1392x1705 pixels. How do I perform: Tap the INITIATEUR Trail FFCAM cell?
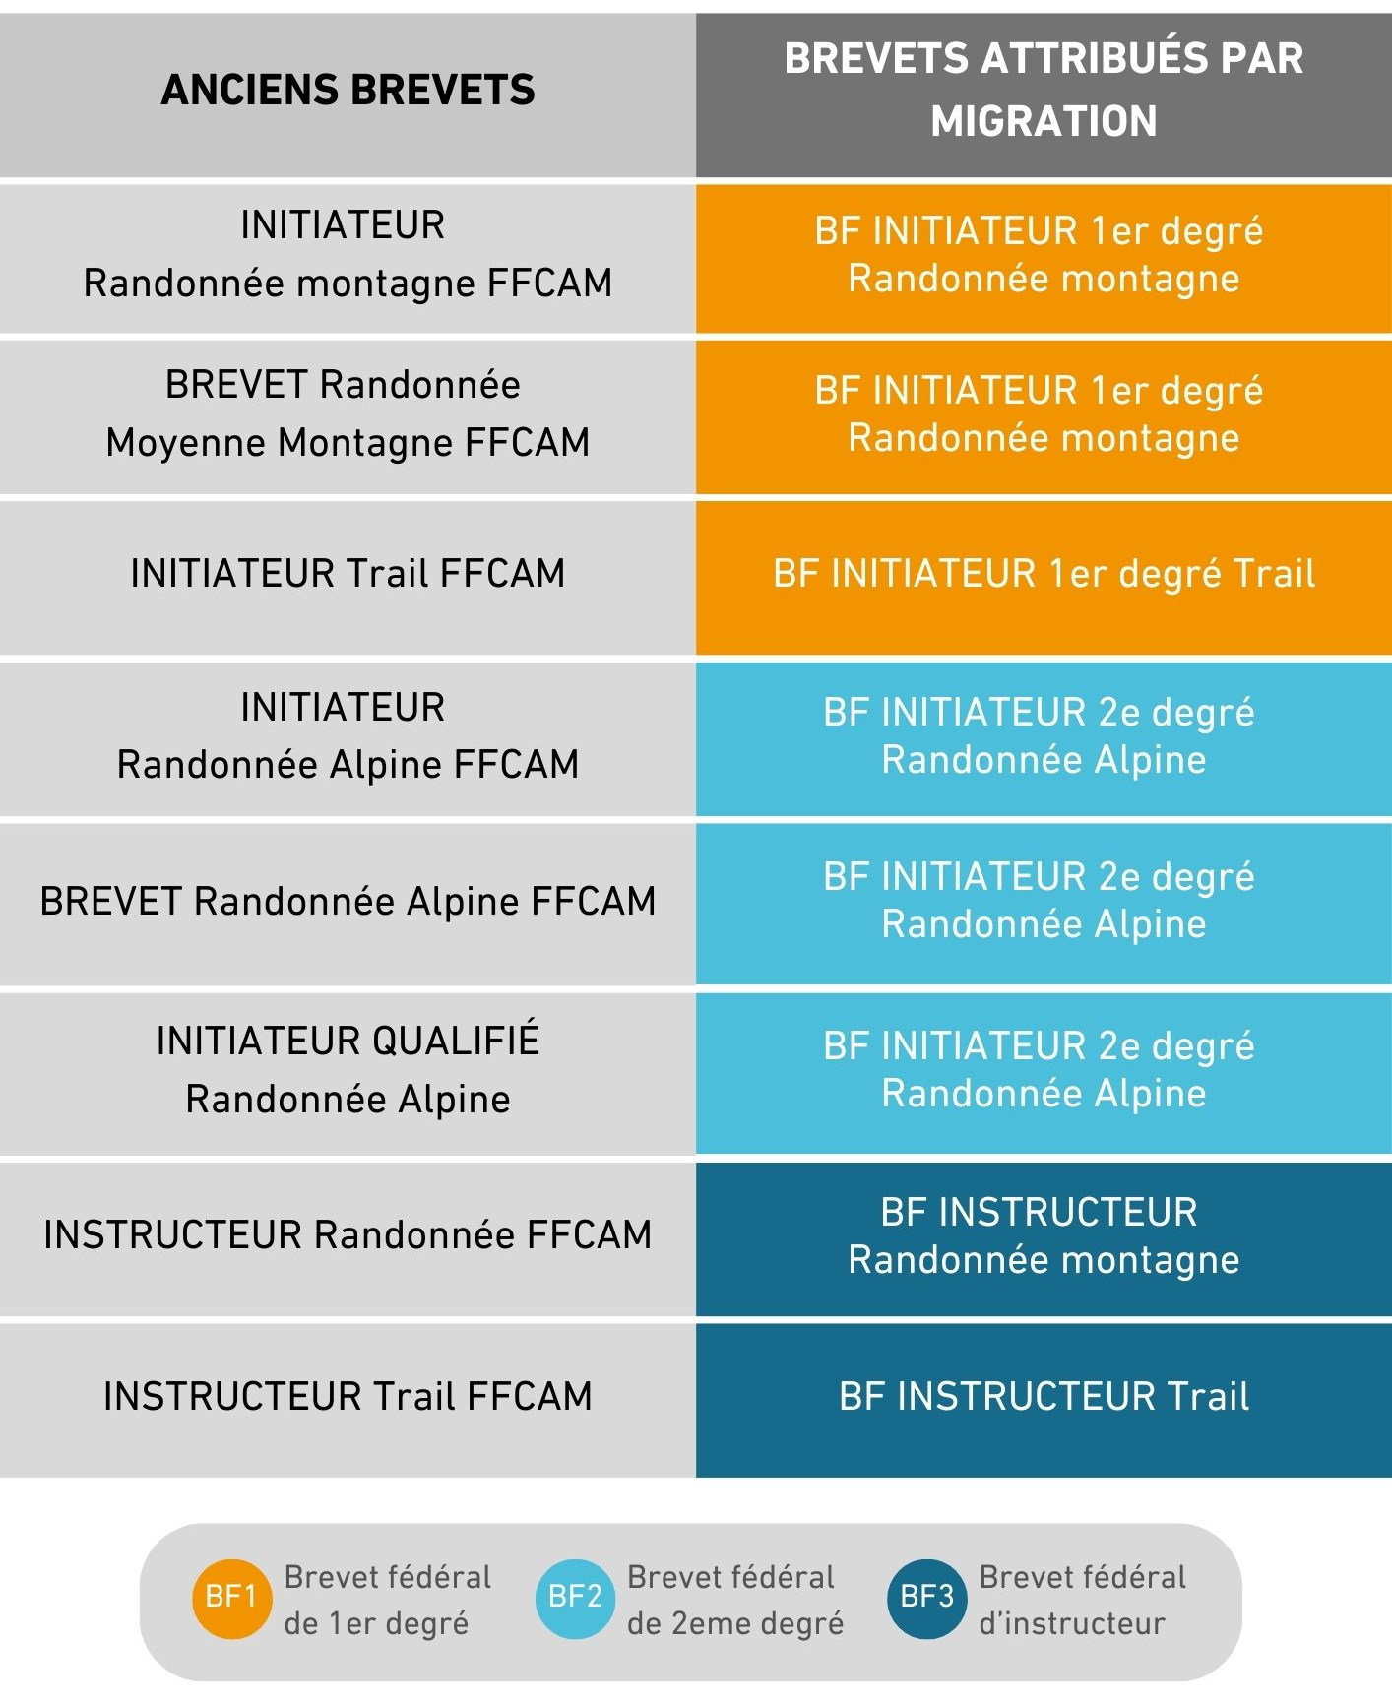348,573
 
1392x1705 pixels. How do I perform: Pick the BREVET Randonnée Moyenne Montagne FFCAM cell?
348,414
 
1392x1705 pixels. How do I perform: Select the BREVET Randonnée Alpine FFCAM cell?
348,902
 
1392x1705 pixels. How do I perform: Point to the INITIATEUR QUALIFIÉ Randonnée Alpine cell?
348,1071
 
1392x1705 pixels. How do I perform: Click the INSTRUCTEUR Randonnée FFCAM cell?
348,1236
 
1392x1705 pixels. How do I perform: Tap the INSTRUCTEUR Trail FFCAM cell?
348,1398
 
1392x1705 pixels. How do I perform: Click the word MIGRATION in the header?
1044,122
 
